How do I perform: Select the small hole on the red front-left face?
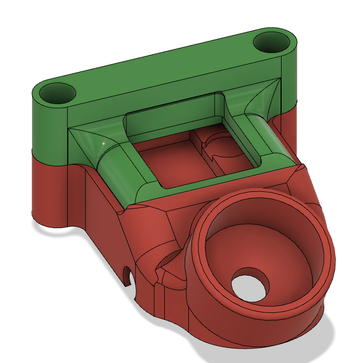tap(127, 275)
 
